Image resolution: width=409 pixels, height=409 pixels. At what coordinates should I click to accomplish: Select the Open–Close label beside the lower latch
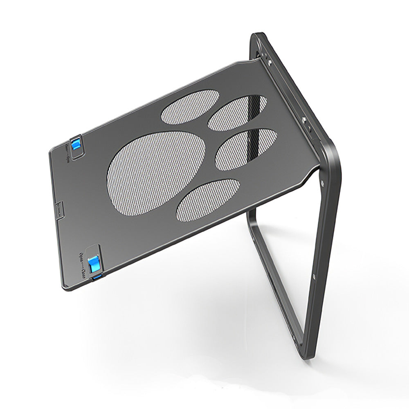[84, 263]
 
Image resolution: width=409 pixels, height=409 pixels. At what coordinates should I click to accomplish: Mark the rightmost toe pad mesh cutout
[245, 149]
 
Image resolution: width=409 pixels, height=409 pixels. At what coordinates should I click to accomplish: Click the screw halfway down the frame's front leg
[313, 277]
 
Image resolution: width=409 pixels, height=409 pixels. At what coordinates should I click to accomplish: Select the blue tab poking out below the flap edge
[98, 279]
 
